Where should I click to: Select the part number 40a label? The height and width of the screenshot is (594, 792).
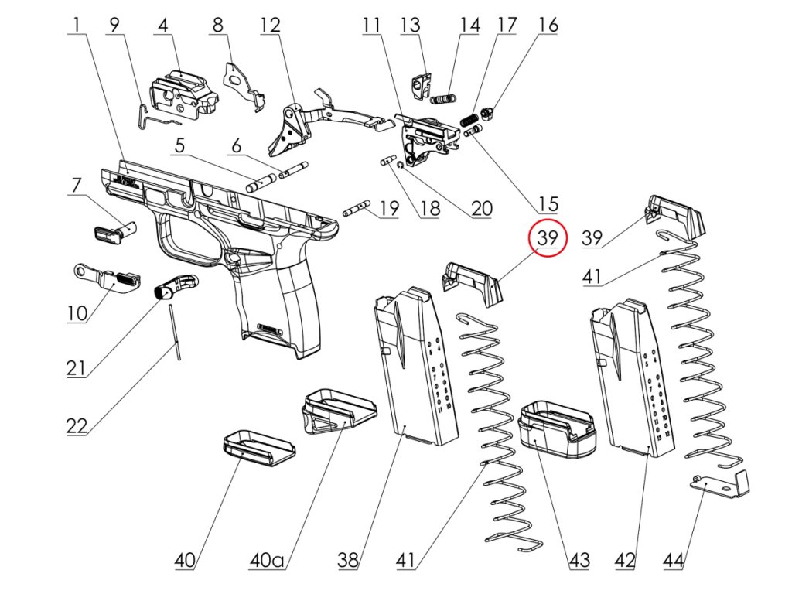[x=267, y=560]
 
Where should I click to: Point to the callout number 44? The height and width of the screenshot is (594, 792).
[x=673, y=560]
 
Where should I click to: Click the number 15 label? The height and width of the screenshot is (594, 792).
[x=548, y=204]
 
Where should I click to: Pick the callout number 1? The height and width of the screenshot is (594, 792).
[x=76, y=26]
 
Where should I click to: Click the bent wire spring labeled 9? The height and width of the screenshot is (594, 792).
[x=153, y=114]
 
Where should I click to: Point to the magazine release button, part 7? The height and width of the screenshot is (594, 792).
[x=114, y=230]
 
